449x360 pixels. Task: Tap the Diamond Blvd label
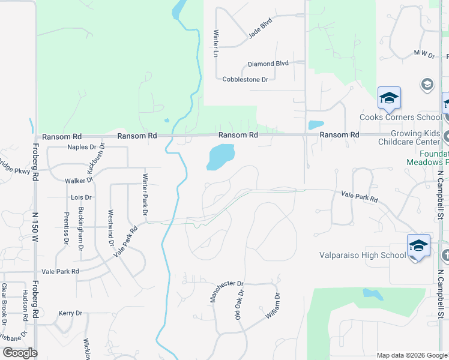pyautogui.click(x=269, y=64)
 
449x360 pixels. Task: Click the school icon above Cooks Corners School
pyautogui.click(x=389, y=98)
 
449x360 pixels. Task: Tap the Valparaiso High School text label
pyautogui.click(x=363, y=255)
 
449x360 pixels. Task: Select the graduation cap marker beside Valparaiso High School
pyautogui.click(x=418, y=245)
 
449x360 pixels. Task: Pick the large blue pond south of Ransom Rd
pyautogui.click(x=220, y=158)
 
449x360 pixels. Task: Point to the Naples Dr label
pyautogui.click(x=82, y=146)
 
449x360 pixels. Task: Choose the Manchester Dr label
pyautogui.click(x=226, y=292)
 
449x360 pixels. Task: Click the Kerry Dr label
pyautogui.click(x=70, y=313)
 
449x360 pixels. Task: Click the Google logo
pyautogui.click(x=19, y=353)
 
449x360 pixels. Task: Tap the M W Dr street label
pyautogui.click(x=424, y=54)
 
